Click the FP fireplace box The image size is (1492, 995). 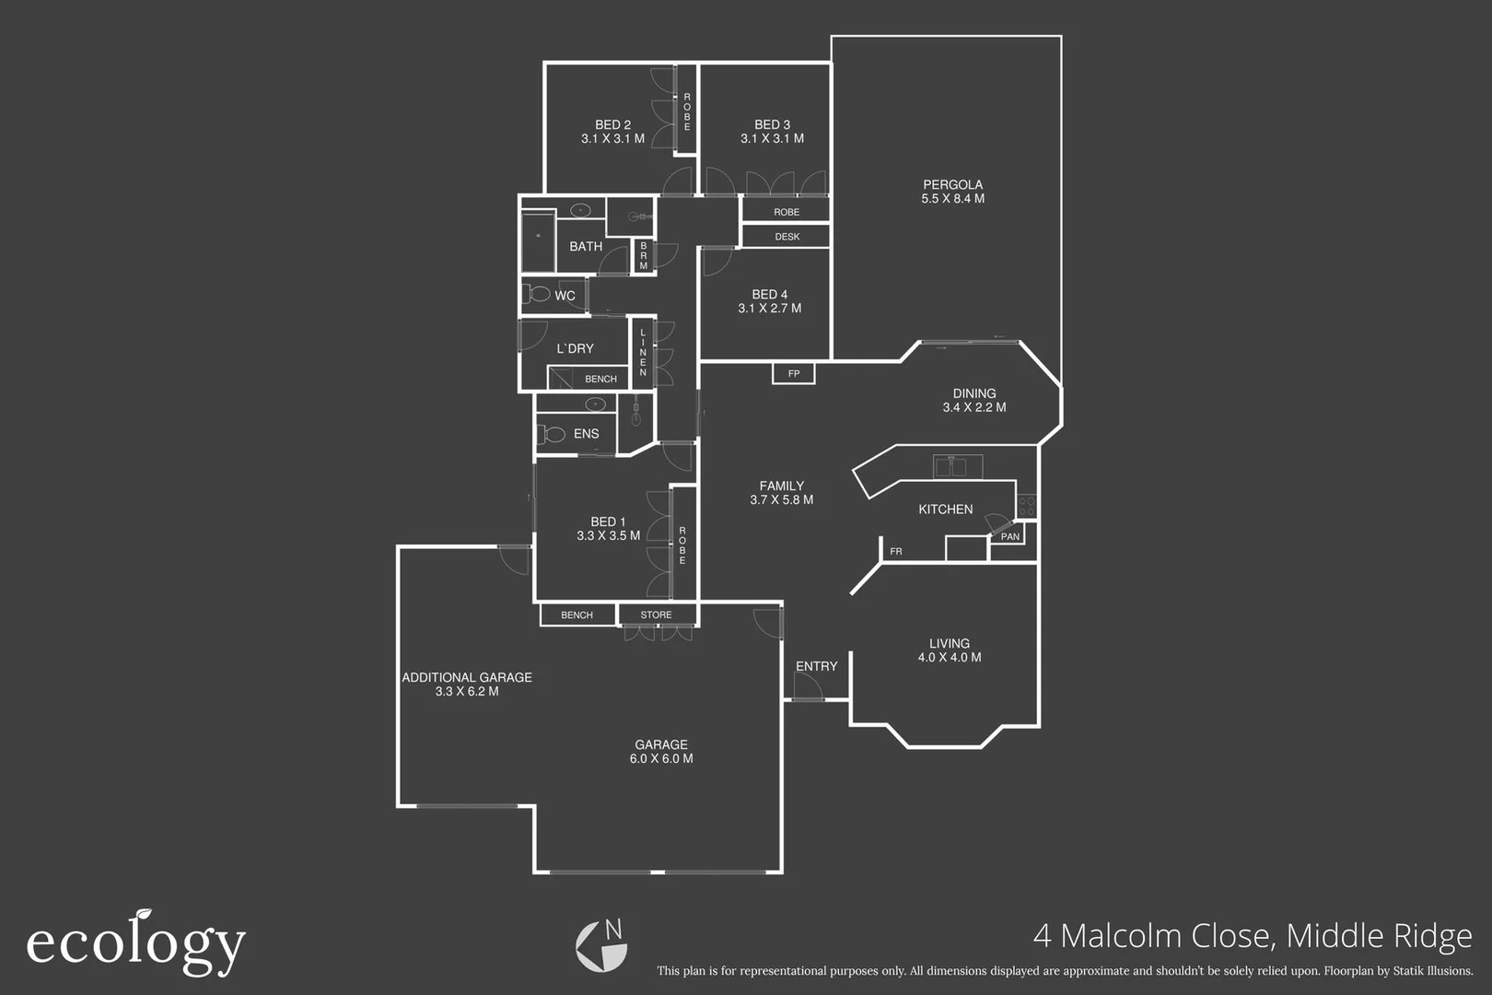click(793, 373)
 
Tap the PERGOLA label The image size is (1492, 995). click(952, 184)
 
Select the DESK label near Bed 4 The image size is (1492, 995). click(787, 237)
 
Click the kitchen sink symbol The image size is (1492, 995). click(957, 466)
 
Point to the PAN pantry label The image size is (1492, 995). click(1010, 536)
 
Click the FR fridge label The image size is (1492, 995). click(896, 552)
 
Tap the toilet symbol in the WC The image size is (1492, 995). click(536, 295)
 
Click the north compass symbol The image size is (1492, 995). click(601, 945)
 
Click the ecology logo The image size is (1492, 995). click(135, 942)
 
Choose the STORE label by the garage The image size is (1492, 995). click(656, 615)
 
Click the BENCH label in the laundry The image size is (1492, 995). click(600, 379)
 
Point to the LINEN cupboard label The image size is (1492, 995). click(643, 353)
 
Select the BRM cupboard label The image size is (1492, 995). click(644, 256)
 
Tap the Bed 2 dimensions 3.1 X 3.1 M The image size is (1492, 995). click(612, 139)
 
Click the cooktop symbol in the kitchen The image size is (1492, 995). click(1027, 506)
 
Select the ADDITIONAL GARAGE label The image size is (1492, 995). click(466, 677)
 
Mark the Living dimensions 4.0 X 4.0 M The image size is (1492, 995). click(949, 658)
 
